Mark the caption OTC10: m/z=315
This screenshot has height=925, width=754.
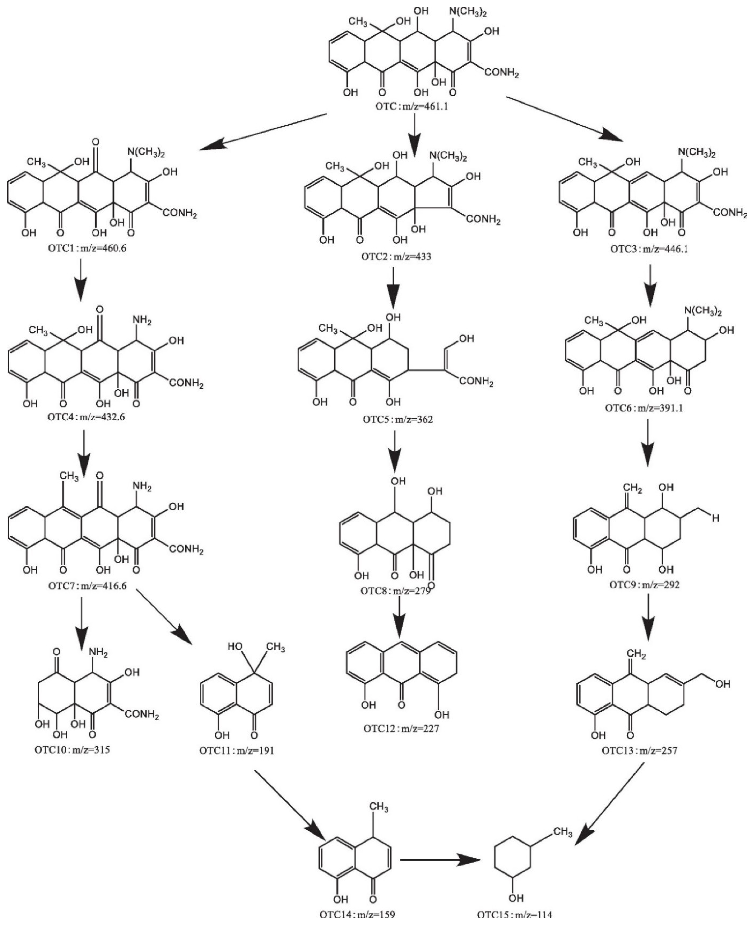(x=72, y=750)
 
